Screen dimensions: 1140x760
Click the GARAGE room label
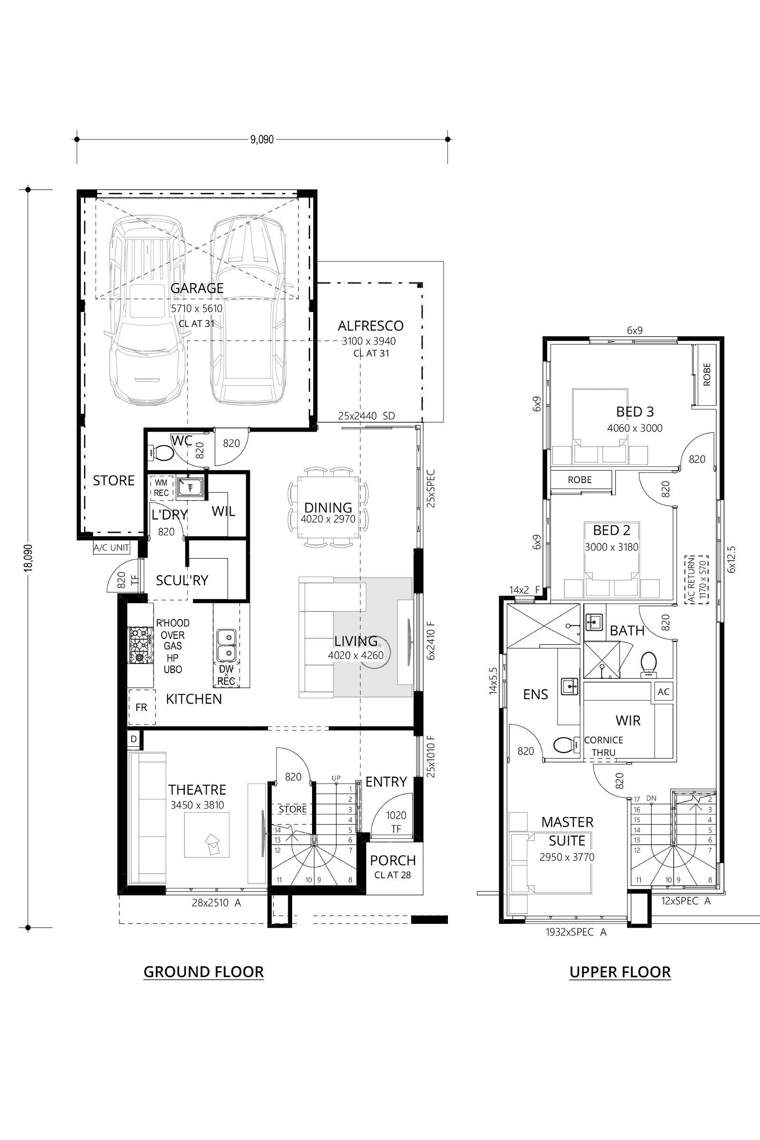pos(197,288)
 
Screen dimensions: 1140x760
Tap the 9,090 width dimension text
pos(262,140)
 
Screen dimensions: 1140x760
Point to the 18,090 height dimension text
pos(28,558)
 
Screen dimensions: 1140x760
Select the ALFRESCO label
pos(370,326)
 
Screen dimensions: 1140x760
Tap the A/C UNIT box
pos(112,548)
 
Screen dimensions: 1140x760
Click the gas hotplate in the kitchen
pos(140,645)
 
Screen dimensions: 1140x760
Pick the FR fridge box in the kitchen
pos(141,708)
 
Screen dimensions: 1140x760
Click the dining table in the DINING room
pos(328,507)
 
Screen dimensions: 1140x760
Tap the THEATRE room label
pos(197,789)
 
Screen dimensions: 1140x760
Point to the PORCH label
pos(393,860)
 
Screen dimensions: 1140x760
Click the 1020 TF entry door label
pos(396,822)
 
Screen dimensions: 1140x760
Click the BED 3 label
pos(635,411)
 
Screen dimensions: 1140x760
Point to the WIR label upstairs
pos(627,720)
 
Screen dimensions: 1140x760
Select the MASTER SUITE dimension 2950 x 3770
pos(567,857)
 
